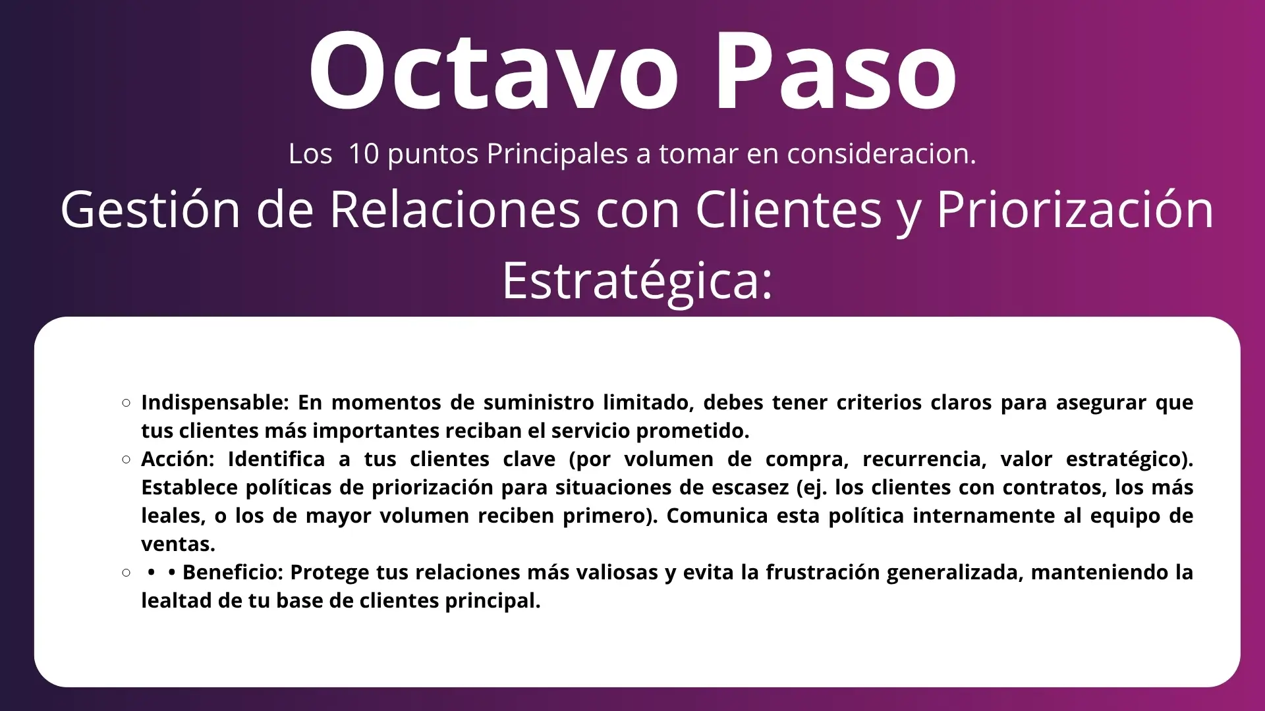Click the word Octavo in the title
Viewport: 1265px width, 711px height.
[x=493, y=70]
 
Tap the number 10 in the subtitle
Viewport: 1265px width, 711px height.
[x=363, y=153]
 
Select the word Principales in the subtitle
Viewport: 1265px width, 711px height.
[x=557, y=154]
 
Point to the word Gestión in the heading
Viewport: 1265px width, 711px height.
[x=151, y=209]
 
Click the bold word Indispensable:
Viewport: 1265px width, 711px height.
[x=215, y=403]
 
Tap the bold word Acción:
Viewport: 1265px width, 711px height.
[x=178, y=459]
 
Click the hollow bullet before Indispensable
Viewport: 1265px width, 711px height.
[x=126, y=403]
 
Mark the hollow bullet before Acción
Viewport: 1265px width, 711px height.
[x=126, y=460]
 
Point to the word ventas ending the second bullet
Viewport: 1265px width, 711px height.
[x=178, y=544]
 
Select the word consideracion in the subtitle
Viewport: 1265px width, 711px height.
[x=882, y=153]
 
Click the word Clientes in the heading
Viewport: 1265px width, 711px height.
[x=789, y=209]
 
